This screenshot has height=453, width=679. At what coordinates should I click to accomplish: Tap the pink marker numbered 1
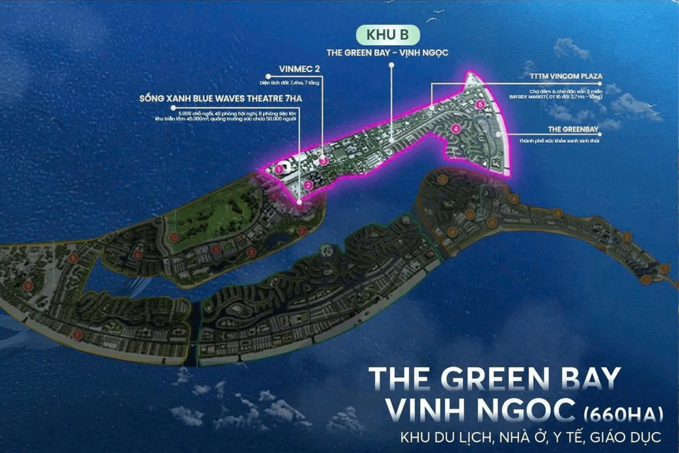(x=278, y=168)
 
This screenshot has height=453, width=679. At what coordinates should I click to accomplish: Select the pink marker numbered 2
(x=308, y=185)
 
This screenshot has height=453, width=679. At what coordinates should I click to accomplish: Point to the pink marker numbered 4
(x=455, y=129)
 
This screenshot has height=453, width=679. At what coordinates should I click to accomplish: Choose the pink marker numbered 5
(x=479, y=105)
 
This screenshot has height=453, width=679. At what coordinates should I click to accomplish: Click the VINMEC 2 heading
(x=299, y=69)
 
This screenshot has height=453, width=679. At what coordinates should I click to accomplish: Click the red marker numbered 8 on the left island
(x=72, y=258)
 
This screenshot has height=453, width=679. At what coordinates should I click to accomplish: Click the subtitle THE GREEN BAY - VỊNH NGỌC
(x=388, y=52)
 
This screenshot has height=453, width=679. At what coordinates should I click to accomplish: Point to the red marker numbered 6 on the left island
(x=138, y=255)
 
